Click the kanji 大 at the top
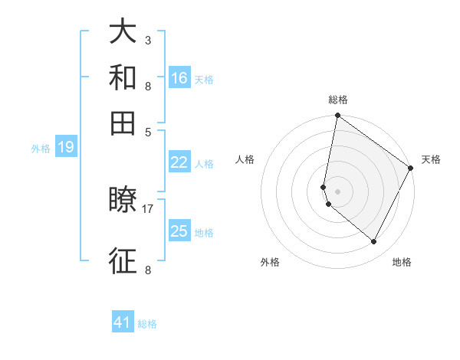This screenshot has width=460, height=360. click(123, 33)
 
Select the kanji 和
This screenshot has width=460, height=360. click(123, 77)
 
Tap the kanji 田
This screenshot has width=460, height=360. click(123, 123)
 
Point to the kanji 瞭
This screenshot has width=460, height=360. click(123, 201)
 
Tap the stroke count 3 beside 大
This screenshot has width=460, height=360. click(148, 40)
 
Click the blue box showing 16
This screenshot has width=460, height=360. click(179, 78)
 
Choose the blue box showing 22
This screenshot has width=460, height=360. click(179, 162)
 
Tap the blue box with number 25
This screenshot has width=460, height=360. click(179, 231)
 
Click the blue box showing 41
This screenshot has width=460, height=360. click(123, 322)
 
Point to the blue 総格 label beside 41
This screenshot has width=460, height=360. click(147, 324)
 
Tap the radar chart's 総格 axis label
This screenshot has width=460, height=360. click(338, 100)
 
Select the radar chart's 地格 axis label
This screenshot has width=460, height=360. click(402, 262)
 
